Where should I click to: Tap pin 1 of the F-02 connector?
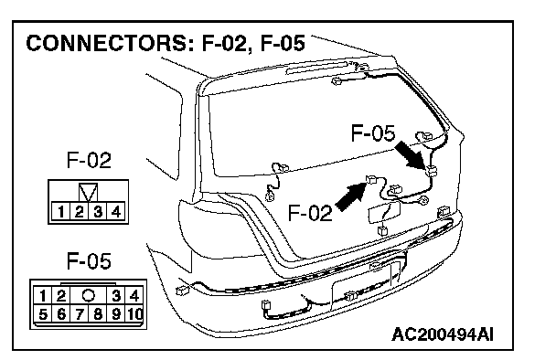tap(60, 212)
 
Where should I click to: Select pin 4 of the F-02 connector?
tap(115, 212)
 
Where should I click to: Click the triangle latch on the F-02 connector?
tap(88, 193)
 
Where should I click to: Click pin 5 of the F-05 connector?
tap(43, 313)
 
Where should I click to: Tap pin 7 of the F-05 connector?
tap(79, 313)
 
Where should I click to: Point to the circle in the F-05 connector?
tap(89, 295)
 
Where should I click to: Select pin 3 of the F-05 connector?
tap(115, 295)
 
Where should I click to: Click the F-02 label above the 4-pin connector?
tap(89, 160)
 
